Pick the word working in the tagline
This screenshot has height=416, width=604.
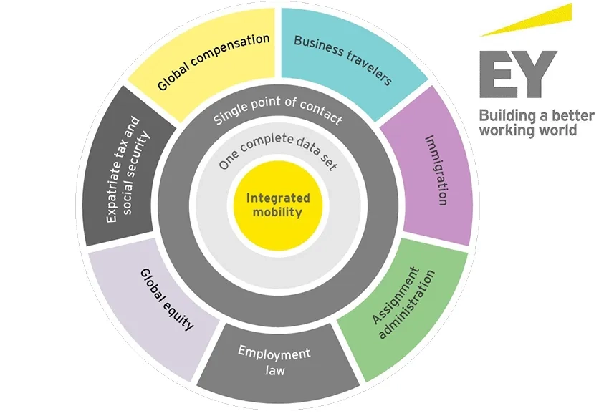pos(509,131)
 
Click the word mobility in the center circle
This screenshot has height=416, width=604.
pos(278,212)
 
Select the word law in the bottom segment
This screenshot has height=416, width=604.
pos(275,370)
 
